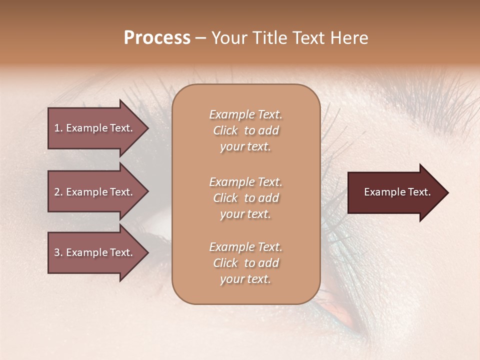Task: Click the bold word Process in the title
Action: [157, 38]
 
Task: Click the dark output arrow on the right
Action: [395, 192]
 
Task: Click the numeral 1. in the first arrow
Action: [58, 128]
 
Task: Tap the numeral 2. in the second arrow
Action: [58, 192]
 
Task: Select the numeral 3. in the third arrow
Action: [58, 253]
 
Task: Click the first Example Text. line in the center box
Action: [245, 114]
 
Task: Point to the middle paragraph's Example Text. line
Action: [245, 182]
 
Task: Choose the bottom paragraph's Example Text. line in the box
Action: [245, 247]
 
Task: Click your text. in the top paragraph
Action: [245, 147]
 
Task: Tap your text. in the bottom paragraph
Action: [245, 279]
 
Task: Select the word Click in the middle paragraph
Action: [225, 198]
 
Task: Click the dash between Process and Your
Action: [200, 38]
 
